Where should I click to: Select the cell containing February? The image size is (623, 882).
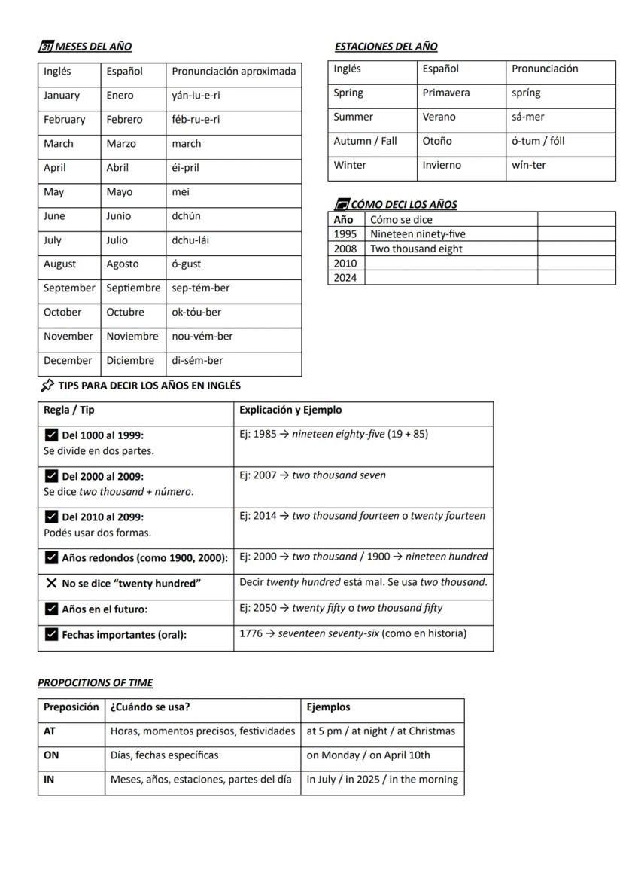(65, 120)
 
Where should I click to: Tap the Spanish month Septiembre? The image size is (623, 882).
(133, 288)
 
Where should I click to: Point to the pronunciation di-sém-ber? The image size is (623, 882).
(198, 361)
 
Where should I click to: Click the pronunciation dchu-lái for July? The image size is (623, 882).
(188, 240)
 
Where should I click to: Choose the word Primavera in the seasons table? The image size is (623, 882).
(446, 93)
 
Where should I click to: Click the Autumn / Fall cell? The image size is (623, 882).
(365, 142)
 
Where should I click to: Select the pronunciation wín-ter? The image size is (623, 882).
(529, 166)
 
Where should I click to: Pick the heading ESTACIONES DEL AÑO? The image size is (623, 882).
(386, 47)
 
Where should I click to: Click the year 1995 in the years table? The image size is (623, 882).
(345, 234)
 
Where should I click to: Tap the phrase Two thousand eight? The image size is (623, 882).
(416, 249)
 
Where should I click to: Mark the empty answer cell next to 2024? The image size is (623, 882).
(450, 277)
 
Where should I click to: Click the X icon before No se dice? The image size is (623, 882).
(51, 583)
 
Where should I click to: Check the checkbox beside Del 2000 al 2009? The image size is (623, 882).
(51, 476)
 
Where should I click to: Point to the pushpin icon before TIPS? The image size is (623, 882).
(47, 386)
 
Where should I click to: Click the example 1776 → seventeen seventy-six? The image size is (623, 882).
(353, 633)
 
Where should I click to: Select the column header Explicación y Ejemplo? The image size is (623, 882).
(290, 410)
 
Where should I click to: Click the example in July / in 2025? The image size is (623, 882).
(381, 780)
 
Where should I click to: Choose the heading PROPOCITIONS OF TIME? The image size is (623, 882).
(95, 683)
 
